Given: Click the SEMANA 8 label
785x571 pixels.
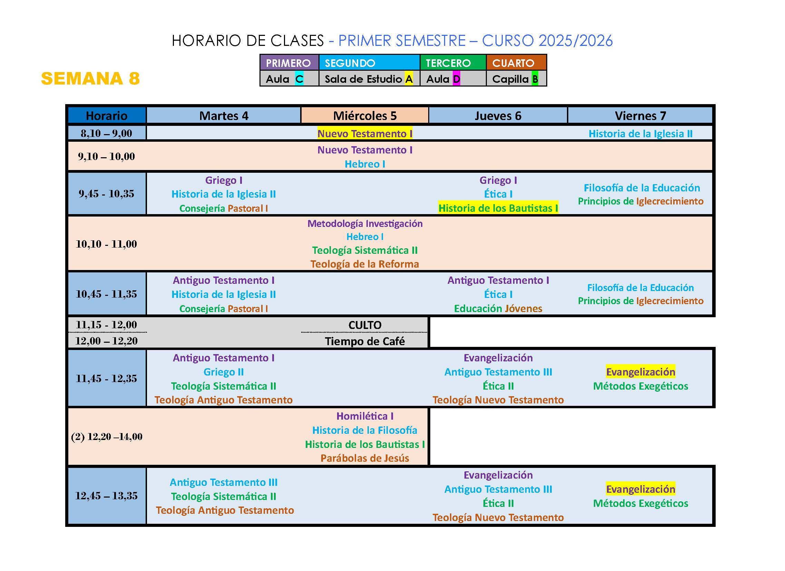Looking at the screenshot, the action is (x=90, y=78).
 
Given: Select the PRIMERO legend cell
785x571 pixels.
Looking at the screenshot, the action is (x=290, y=63).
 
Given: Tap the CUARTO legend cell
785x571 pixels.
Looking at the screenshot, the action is (x=516, y=63).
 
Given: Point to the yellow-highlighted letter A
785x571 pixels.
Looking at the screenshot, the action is (x=409, y=79).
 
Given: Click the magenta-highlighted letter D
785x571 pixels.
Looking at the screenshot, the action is (x=457, y=79).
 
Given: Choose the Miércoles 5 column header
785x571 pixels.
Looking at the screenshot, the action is (x=365, y=116).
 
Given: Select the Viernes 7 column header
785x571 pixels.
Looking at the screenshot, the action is (x=640, y=116).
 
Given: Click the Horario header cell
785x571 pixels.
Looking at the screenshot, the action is (x=107, y=116).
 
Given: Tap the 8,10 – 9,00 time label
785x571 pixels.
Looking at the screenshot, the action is (x=107, y=133).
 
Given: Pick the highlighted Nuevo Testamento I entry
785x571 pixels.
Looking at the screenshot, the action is (x=365, y=133).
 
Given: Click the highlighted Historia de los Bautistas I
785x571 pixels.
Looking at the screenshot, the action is (x=498, y=208).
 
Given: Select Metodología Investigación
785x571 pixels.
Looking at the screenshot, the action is (x=365, y=223).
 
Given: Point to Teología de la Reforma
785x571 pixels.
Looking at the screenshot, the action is (x=365, y=264).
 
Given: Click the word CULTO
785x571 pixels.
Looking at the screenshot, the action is (x=365, y=325).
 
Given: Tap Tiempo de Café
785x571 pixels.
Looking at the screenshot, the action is (x=365, y=341).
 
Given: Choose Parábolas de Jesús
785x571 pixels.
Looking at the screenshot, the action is (x=365, y=458).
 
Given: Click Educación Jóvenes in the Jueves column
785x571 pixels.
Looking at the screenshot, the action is (x=498, y=309).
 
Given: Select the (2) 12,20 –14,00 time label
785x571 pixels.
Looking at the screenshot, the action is (x=107, y=437).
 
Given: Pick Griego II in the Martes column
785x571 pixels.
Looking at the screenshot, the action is (x=224, y=372).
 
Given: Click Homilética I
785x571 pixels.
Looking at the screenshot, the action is (x=365, y=416).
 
